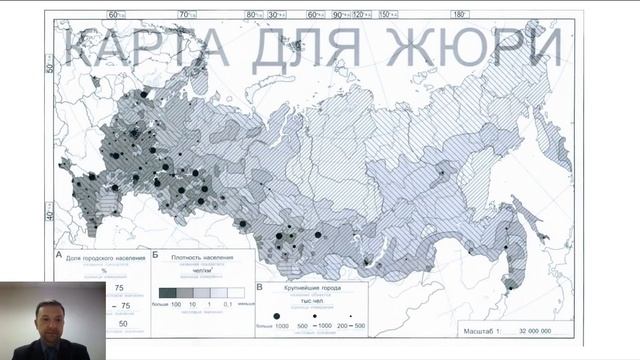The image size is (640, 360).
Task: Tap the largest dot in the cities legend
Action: [x=277, y=314]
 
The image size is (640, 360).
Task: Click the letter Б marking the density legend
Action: [x=155, y=257]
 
